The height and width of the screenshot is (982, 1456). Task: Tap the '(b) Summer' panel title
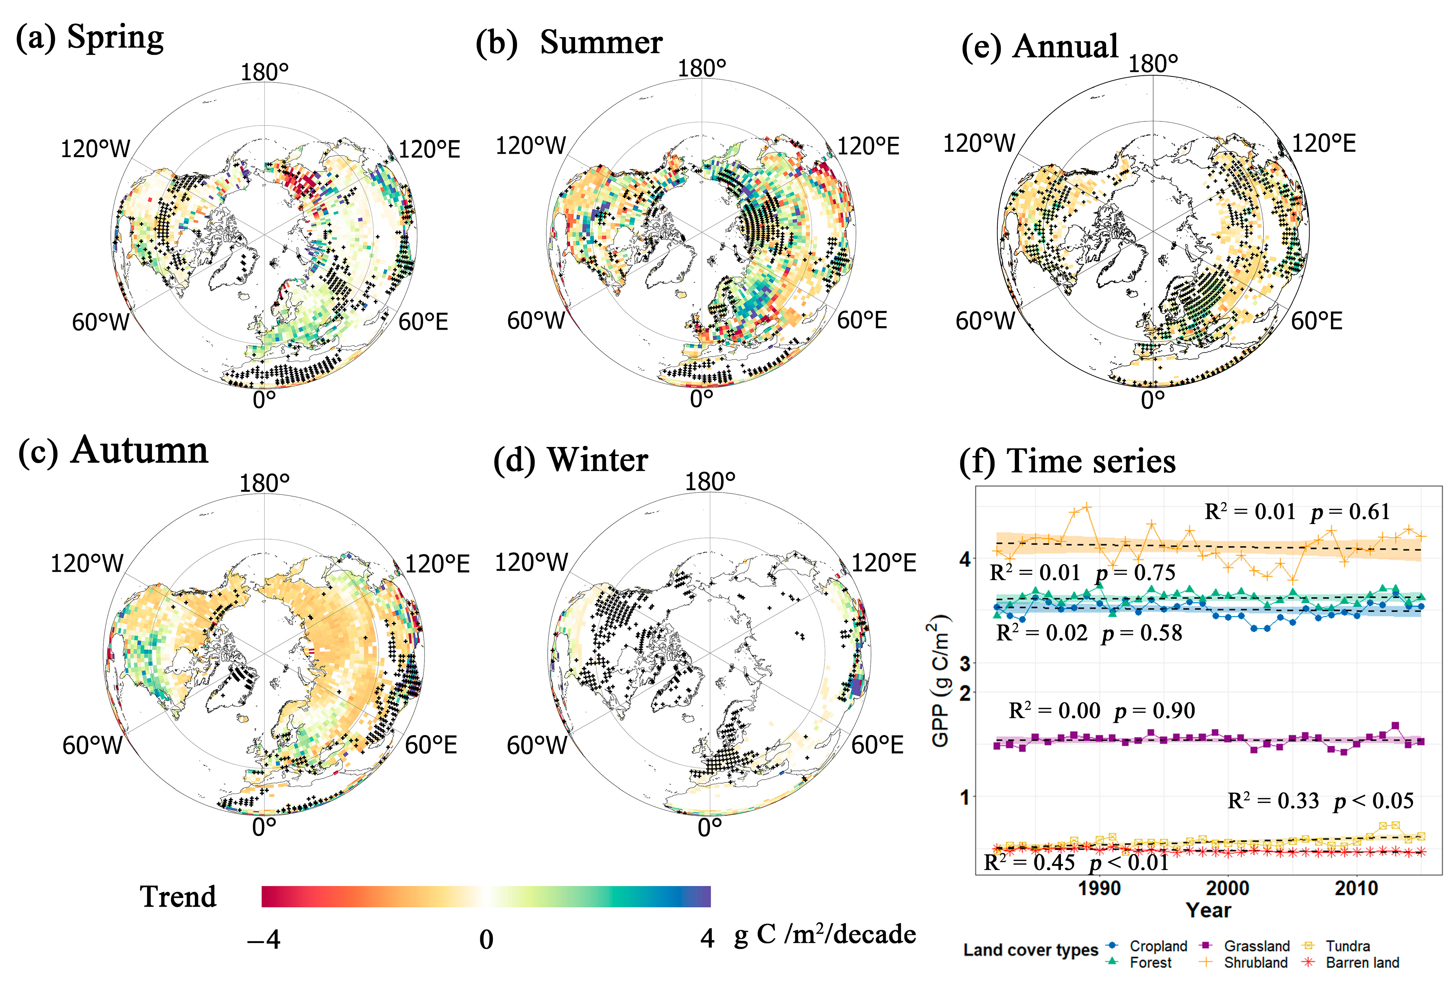click(568, 43)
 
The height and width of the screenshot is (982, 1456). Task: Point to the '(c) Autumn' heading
click(113, 450)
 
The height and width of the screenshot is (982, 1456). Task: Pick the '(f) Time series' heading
click(1067, 462)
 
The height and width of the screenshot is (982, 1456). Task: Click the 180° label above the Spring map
click(264, 73)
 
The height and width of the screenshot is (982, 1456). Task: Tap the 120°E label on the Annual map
click(1323, 144)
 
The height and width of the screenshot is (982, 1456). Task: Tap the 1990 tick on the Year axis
click(1099, 888)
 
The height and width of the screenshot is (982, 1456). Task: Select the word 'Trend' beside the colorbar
click(178, 896)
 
